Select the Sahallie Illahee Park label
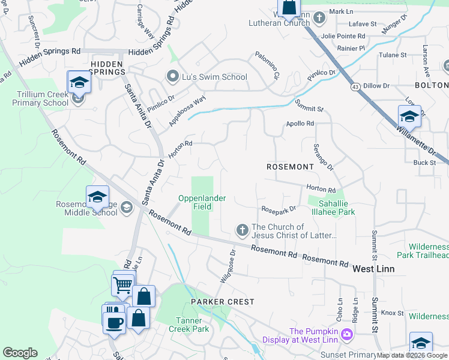332,208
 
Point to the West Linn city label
373,268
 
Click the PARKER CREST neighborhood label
223,302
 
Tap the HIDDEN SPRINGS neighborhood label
108,63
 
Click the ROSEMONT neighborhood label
291,166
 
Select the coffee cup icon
114,322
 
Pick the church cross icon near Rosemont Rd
242,230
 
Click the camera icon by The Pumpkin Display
346,334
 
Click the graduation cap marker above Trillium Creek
79,83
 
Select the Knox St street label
392,313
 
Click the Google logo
20,353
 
